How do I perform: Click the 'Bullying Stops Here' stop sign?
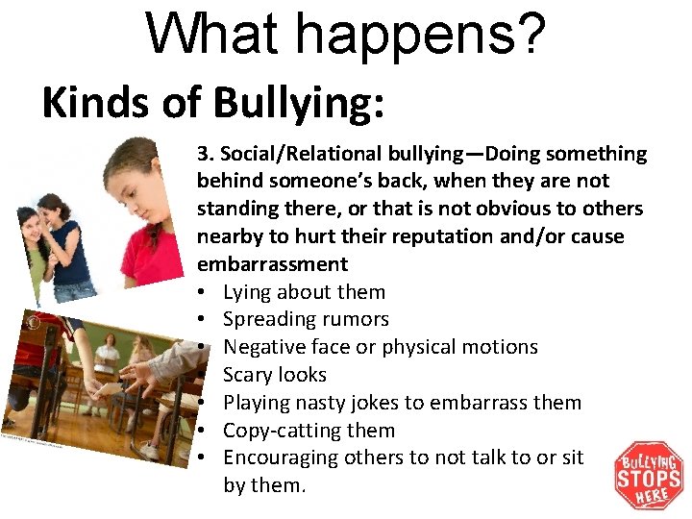[649, 476]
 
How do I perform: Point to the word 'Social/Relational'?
[299, 154]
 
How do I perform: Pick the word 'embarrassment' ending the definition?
[272, 264]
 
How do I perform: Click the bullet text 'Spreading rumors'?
[306, 319]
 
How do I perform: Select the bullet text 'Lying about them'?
[304, 292]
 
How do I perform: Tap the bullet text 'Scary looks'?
[275, 375]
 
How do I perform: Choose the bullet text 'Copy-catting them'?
[309, 431]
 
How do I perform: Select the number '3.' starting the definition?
[206, 154]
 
